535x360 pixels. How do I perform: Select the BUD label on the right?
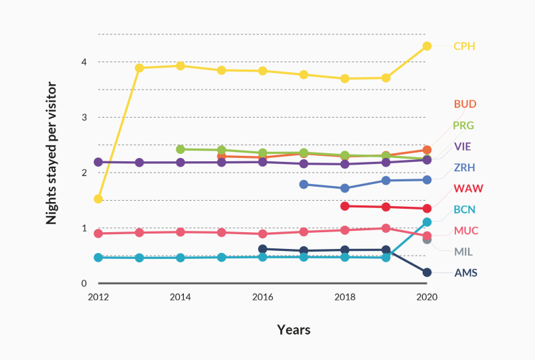(465, 104)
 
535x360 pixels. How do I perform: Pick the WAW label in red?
(465, 188)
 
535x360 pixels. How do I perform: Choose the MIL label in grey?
(464, 252)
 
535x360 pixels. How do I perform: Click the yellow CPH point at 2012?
(98, 199)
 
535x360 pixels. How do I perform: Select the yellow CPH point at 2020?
(427, 46)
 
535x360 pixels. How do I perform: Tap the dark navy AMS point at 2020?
(427, 272)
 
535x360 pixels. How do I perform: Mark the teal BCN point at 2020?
(427, 221)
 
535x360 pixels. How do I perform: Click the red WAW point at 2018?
(345, 206)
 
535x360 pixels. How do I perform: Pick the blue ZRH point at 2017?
(304, 184)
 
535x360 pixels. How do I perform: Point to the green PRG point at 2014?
(181, 149)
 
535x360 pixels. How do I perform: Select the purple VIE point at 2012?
(98, 162)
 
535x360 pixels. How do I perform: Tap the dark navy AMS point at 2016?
(263, 249)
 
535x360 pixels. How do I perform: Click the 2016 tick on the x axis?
(263, 297)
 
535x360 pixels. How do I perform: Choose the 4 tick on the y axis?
(84, 62)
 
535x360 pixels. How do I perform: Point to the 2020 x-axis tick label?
(427, 297)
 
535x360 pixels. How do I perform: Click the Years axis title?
(294, 330)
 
